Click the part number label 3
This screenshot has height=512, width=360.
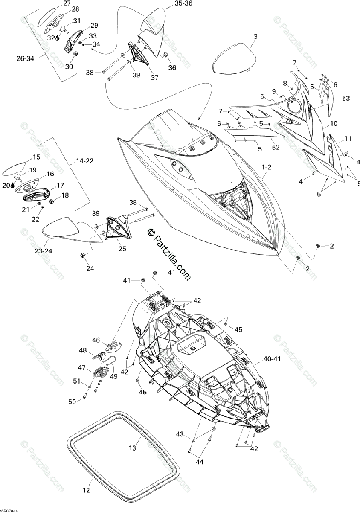point(255,37)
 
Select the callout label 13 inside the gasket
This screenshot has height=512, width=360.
point(133,448)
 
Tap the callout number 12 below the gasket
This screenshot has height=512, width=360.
point(86,491)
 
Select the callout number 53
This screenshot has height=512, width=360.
point(345,99)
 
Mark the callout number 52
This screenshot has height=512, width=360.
point(276,147)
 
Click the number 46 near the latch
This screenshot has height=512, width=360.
point(96,340)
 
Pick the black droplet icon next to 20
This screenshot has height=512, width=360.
point(13,186)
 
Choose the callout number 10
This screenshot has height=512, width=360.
point(334,124)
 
